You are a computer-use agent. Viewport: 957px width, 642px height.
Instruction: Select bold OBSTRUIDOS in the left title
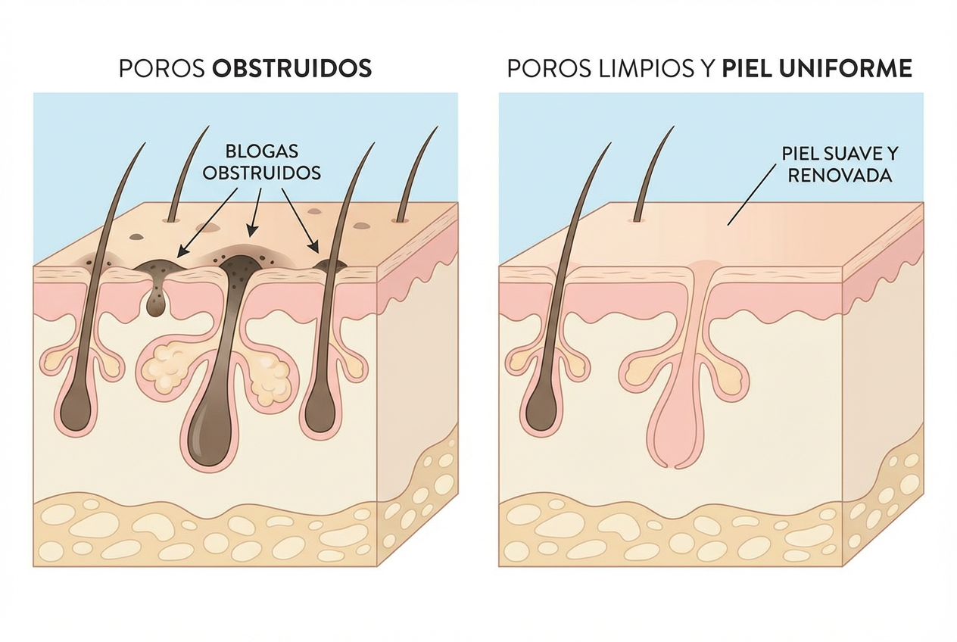tap(292, 69)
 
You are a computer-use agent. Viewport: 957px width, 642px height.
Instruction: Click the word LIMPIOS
tap(634, 69)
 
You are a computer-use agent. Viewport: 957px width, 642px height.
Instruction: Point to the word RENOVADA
tap(839, 176)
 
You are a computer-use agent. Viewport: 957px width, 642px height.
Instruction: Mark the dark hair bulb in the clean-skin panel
tap(540, 412)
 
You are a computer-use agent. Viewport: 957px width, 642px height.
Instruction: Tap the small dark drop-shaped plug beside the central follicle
tap(157, 304)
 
